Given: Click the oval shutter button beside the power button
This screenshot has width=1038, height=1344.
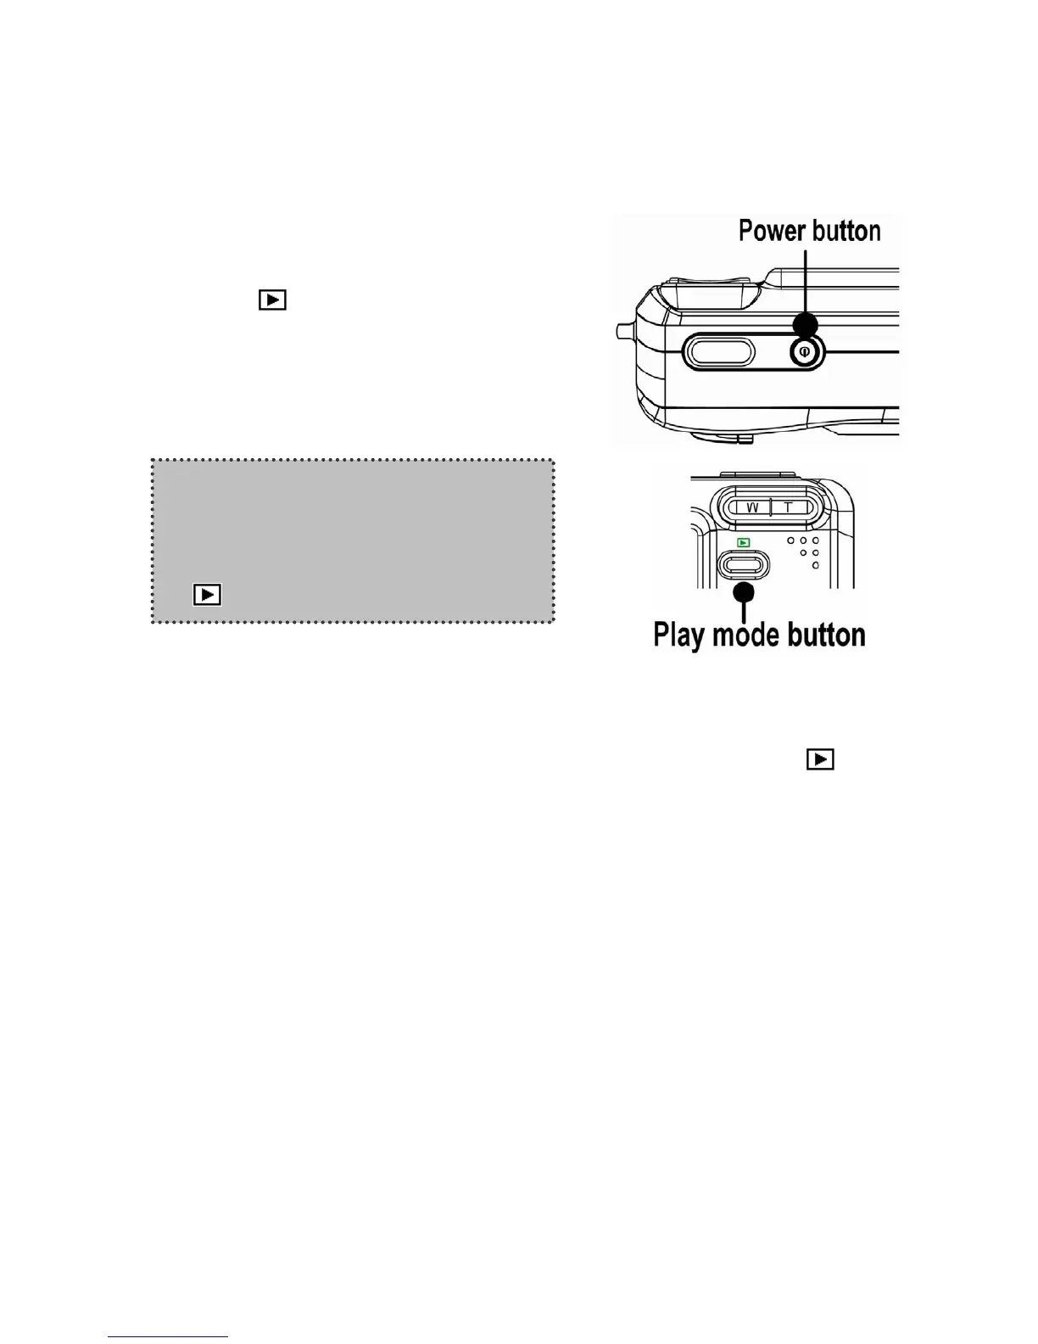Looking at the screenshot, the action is click(x=718, y=352).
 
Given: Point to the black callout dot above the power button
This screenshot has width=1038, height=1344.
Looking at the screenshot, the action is click(x=805, y=325).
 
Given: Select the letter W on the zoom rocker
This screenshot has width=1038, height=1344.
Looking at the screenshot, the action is click(x=751, y=507).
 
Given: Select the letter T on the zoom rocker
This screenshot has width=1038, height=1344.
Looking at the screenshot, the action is click(x=788, y=507).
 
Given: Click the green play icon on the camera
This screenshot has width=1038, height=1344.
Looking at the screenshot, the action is click(x=743, y=542).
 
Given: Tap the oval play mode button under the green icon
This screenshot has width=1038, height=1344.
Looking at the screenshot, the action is click(x=743, y=564).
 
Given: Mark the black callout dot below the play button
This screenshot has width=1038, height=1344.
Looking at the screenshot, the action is click(x=744, y=592).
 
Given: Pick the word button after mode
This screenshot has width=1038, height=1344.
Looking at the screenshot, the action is click(x=826, y=635).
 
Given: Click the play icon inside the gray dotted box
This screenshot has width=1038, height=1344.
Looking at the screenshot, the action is click(x=208, y=595).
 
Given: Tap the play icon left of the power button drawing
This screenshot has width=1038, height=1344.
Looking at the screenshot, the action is click(x=272, y=300).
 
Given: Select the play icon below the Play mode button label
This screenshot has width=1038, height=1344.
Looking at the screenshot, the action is click(x=820, y=759).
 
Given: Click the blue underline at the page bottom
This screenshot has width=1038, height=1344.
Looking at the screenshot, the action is click(x=168, y=1336).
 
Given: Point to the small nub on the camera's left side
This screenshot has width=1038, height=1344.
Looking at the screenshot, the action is click(x=622, y=329).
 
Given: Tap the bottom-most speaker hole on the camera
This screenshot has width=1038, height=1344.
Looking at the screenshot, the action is click(x=815, y=565).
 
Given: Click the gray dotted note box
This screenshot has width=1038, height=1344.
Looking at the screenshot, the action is click(x=352, y=526).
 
